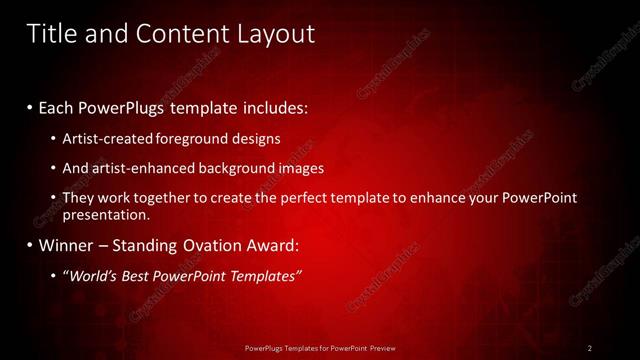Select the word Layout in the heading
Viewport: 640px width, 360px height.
pos(272,33)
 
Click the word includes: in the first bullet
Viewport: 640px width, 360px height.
pos(275,106)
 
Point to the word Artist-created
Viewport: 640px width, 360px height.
pos(103,138)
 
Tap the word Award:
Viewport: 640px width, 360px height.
pos(272,245)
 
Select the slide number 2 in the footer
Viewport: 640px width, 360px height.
pos(590,348)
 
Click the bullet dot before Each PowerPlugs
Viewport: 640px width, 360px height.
pos(30,107)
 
